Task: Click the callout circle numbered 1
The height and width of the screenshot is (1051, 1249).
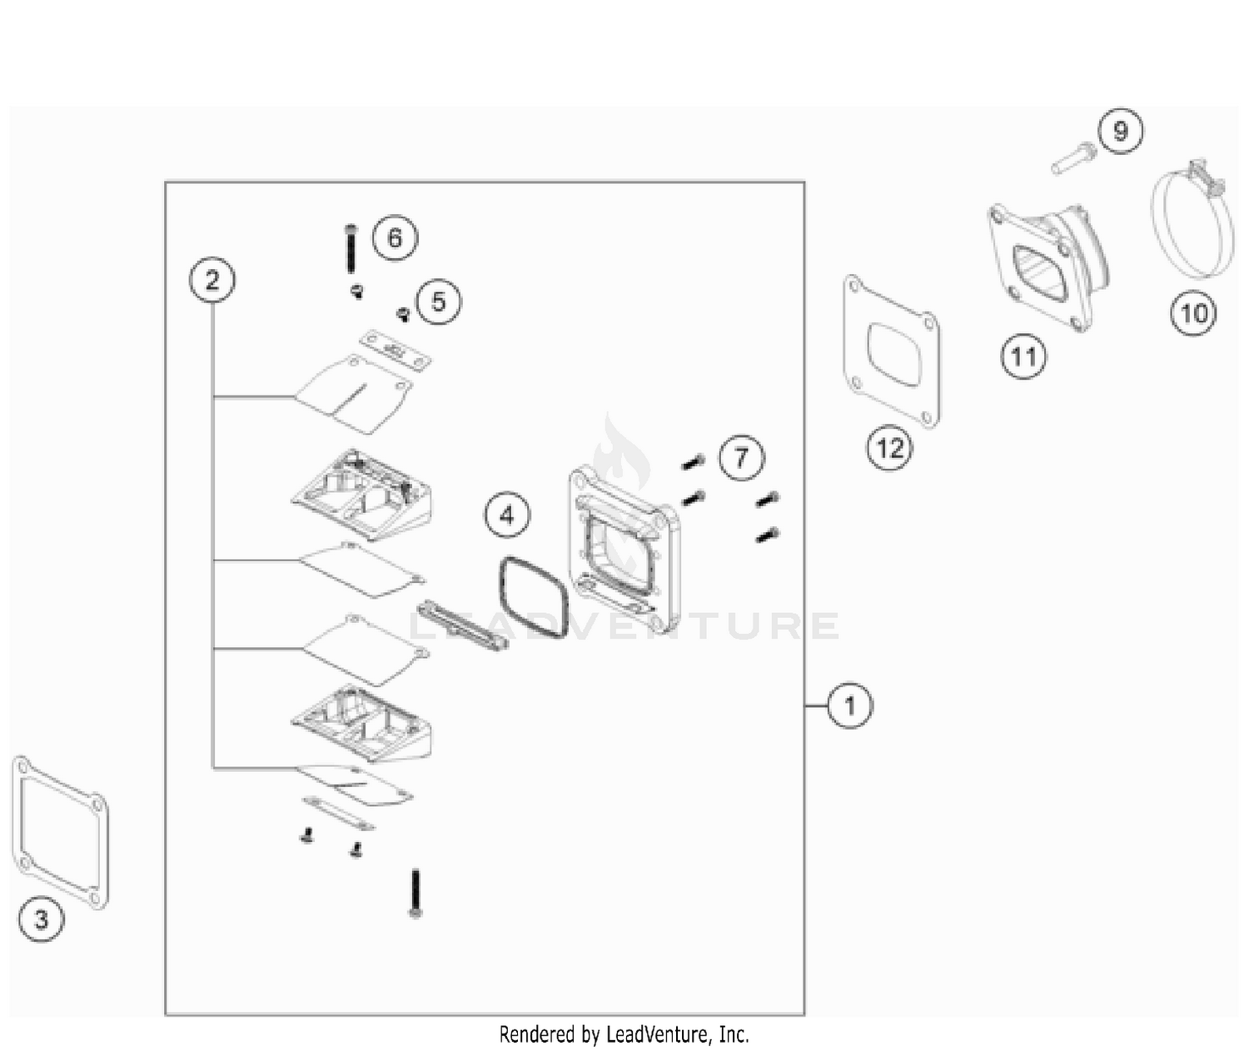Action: click(849, 706)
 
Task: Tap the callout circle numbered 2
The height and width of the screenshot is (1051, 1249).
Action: click(212, 280)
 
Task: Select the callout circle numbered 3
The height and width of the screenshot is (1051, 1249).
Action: click(41, 919)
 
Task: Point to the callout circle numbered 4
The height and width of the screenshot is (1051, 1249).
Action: click(507, 516)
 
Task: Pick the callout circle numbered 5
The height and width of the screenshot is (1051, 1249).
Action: click(438, 301)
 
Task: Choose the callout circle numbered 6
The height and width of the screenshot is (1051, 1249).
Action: click(395, 238)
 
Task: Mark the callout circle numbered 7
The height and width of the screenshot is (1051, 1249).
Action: click(741, 457)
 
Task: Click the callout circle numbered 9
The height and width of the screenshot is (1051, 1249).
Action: click(1120, 132)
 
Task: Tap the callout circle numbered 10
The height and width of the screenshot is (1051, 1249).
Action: click(1193, 313)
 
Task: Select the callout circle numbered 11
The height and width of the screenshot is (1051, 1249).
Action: click(1023, 356)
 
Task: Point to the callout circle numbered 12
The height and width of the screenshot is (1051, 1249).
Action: click(889, 449)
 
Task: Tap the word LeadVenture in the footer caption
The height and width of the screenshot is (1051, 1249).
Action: click(657, 1035)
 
